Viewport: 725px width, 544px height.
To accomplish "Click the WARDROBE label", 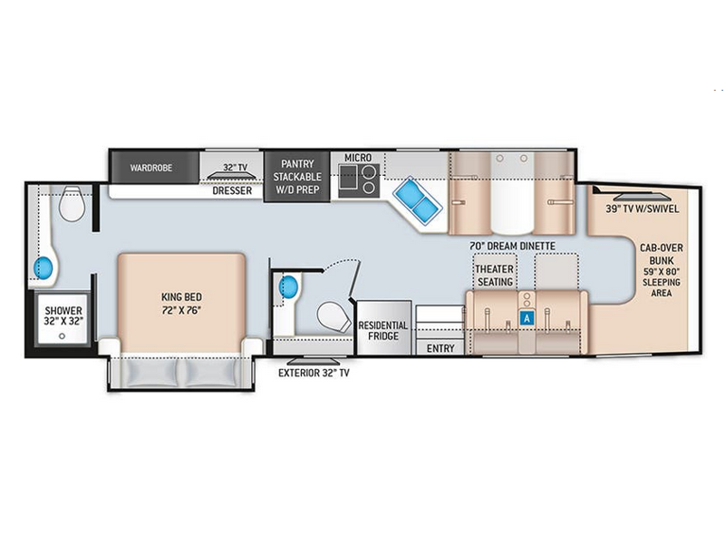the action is tap(150, 168).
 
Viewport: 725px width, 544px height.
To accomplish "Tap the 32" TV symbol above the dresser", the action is tap(232, 176).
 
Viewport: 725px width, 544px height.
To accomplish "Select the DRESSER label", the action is tap(232, 190).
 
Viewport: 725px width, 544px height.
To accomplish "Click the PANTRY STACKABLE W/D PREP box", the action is tap(297, 176).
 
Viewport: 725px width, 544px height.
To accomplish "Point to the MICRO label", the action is tap(358, 158).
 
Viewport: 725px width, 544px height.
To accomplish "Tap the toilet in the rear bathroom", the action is tap(72, 203).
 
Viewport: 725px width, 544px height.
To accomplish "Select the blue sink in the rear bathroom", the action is tap(43, 267).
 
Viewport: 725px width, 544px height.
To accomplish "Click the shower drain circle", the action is tap(62, 336).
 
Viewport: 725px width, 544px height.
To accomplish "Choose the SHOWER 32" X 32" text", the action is tap(63, 316).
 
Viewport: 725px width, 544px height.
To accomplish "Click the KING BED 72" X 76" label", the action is tap(182, 304).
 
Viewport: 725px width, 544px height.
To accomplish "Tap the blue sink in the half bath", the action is tap(288, 287).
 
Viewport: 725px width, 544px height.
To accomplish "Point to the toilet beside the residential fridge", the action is tap(333, 316).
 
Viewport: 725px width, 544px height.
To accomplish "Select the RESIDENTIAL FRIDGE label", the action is tap(383, 330).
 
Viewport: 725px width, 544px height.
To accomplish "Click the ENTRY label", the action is tap(440, 348).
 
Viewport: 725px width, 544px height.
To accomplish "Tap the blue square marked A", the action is tap(527, 318).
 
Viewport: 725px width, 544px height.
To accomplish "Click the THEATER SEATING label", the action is tap(494, 276).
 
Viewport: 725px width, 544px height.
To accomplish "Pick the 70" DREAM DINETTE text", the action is tap(512, 246).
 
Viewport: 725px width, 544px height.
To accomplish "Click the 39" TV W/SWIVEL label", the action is tap(643, 209).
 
